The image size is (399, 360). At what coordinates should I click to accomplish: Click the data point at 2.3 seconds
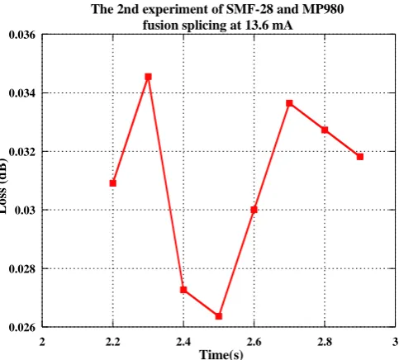148,77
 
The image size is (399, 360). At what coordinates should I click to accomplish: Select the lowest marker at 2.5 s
219,316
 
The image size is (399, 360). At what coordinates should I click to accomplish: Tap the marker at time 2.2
113,183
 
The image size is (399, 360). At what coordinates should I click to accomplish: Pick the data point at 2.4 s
183,290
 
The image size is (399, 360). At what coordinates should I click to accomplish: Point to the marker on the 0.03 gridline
254,210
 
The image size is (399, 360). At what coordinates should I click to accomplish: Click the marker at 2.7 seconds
289,103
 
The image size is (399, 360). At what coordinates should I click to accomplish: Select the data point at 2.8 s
325,130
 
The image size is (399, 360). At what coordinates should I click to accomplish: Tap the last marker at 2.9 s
360,157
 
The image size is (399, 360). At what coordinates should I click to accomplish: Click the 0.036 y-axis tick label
22,35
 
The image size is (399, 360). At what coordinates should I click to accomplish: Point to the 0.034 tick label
22,93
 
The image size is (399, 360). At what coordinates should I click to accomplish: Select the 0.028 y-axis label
22,268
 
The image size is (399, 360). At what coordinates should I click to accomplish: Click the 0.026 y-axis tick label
22,328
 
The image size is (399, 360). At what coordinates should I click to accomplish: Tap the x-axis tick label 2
42,342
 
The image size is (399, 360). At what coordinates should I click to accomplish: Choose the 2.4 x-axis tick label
183,342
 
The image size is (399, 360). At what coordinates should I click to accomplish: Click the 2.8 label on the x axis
325,342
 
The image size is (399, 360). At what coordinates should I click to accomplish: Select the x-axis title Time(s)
221,354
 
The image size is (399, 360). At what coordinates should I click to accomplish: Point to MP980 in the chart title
323,9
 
